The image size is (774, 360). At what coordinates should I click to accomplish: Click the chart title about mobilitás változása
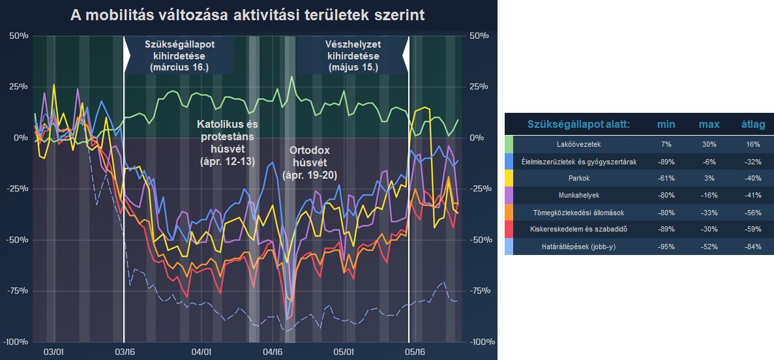click(x=247, y=15)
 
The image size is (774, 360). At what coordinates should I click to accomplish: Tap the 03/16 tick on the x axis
click(x=125, y=352)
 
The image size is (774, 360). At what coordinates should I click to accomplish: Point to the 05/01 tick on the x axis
click(x=344, y=352)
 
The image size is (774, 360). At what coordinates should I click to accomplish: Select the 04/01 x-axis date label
click(x=202, y=352)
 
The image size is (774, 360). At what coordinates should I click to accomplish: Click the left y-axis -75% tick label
click(x=18, y=291)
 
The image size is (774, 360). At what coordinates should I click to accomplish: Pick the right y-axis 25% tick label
click(x=479, y=87)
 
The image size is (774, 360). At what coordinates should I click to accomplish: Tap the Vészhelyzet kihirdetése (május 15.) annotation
click(x=353, y=55)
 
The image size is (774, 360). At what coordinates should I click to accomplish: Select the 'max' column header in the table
click(x=709, y=125)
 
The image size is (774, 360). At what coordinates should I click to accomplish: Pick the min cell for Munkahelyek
click(x=665, y=195)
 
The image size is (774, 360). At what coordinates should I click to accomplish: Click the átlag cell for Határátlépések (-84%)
click(x=754, y=246)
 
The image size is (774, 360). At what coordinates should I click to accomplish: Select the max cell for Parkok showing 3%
click(x=709, y=178)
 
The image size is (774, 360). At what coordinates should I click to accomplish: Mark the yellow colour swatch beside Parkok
click(x=509, y=178)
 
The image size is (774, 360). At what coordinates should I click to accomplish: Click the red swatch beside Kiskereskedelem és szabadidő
click(x=509, y=229)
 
